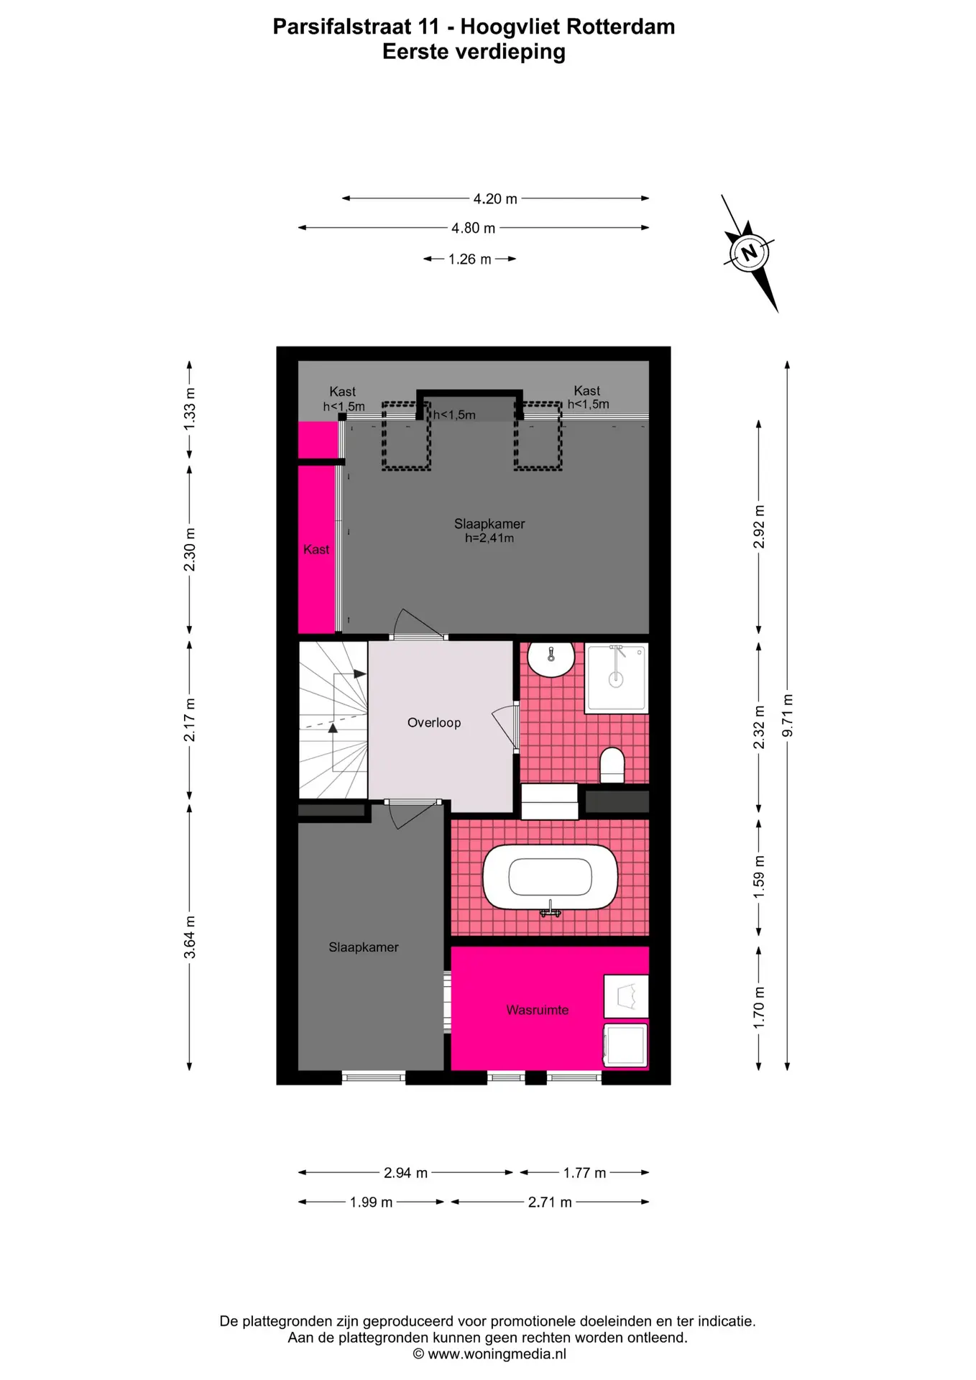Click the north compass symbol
coord(750,253)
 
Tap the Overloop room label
coord(434,722)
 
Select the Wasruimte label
coord(537,1010)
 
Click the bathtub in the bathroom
coord(550,877)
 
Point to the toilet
coord(612,765)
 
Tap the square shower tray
coord(616,678)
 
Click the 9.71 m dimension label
coord(788,715)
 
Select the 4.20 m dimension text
coord(495,198)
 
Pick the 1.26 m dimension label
coord(470,259)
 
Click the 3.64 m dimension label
coord(190,937)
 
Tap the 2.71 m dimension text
coord(550,1202)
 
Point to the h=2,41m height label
coord(489,538)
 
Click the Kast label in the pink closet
coord(316,549)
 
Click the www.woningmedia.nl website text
coord(497,1354)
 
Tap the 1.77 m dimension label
coord(584,1173)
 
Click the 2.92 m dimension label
coord(759,526)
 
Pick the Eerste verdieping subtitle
coord(474,52)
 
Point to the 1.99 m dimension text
coord(371,1202)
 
